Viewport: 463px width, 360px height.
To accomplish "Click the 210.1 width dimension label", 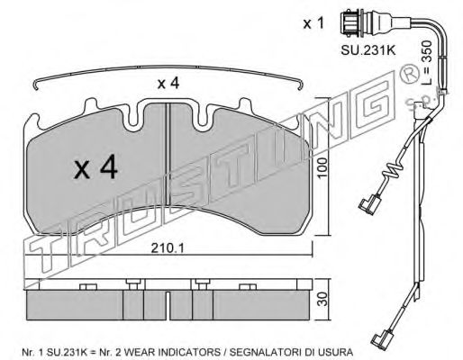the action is tap(168, 247).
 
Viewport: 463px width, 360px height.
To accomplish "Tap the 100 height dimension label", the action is tap(322, 168).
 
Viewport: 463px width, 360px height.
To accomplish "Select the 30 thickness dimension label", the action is tap(322, 299).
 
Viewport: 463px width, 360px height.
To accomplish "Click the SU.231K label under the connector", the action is tap(368, 50).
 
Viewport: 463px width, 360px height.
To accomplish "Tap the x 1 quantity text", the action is tap(313, 23).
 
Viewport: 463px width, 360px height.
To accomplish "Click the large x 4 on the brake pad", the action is tap(96, 168).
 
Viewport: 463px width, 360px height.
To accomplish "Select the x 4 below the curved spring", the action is tap(168, 83).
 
